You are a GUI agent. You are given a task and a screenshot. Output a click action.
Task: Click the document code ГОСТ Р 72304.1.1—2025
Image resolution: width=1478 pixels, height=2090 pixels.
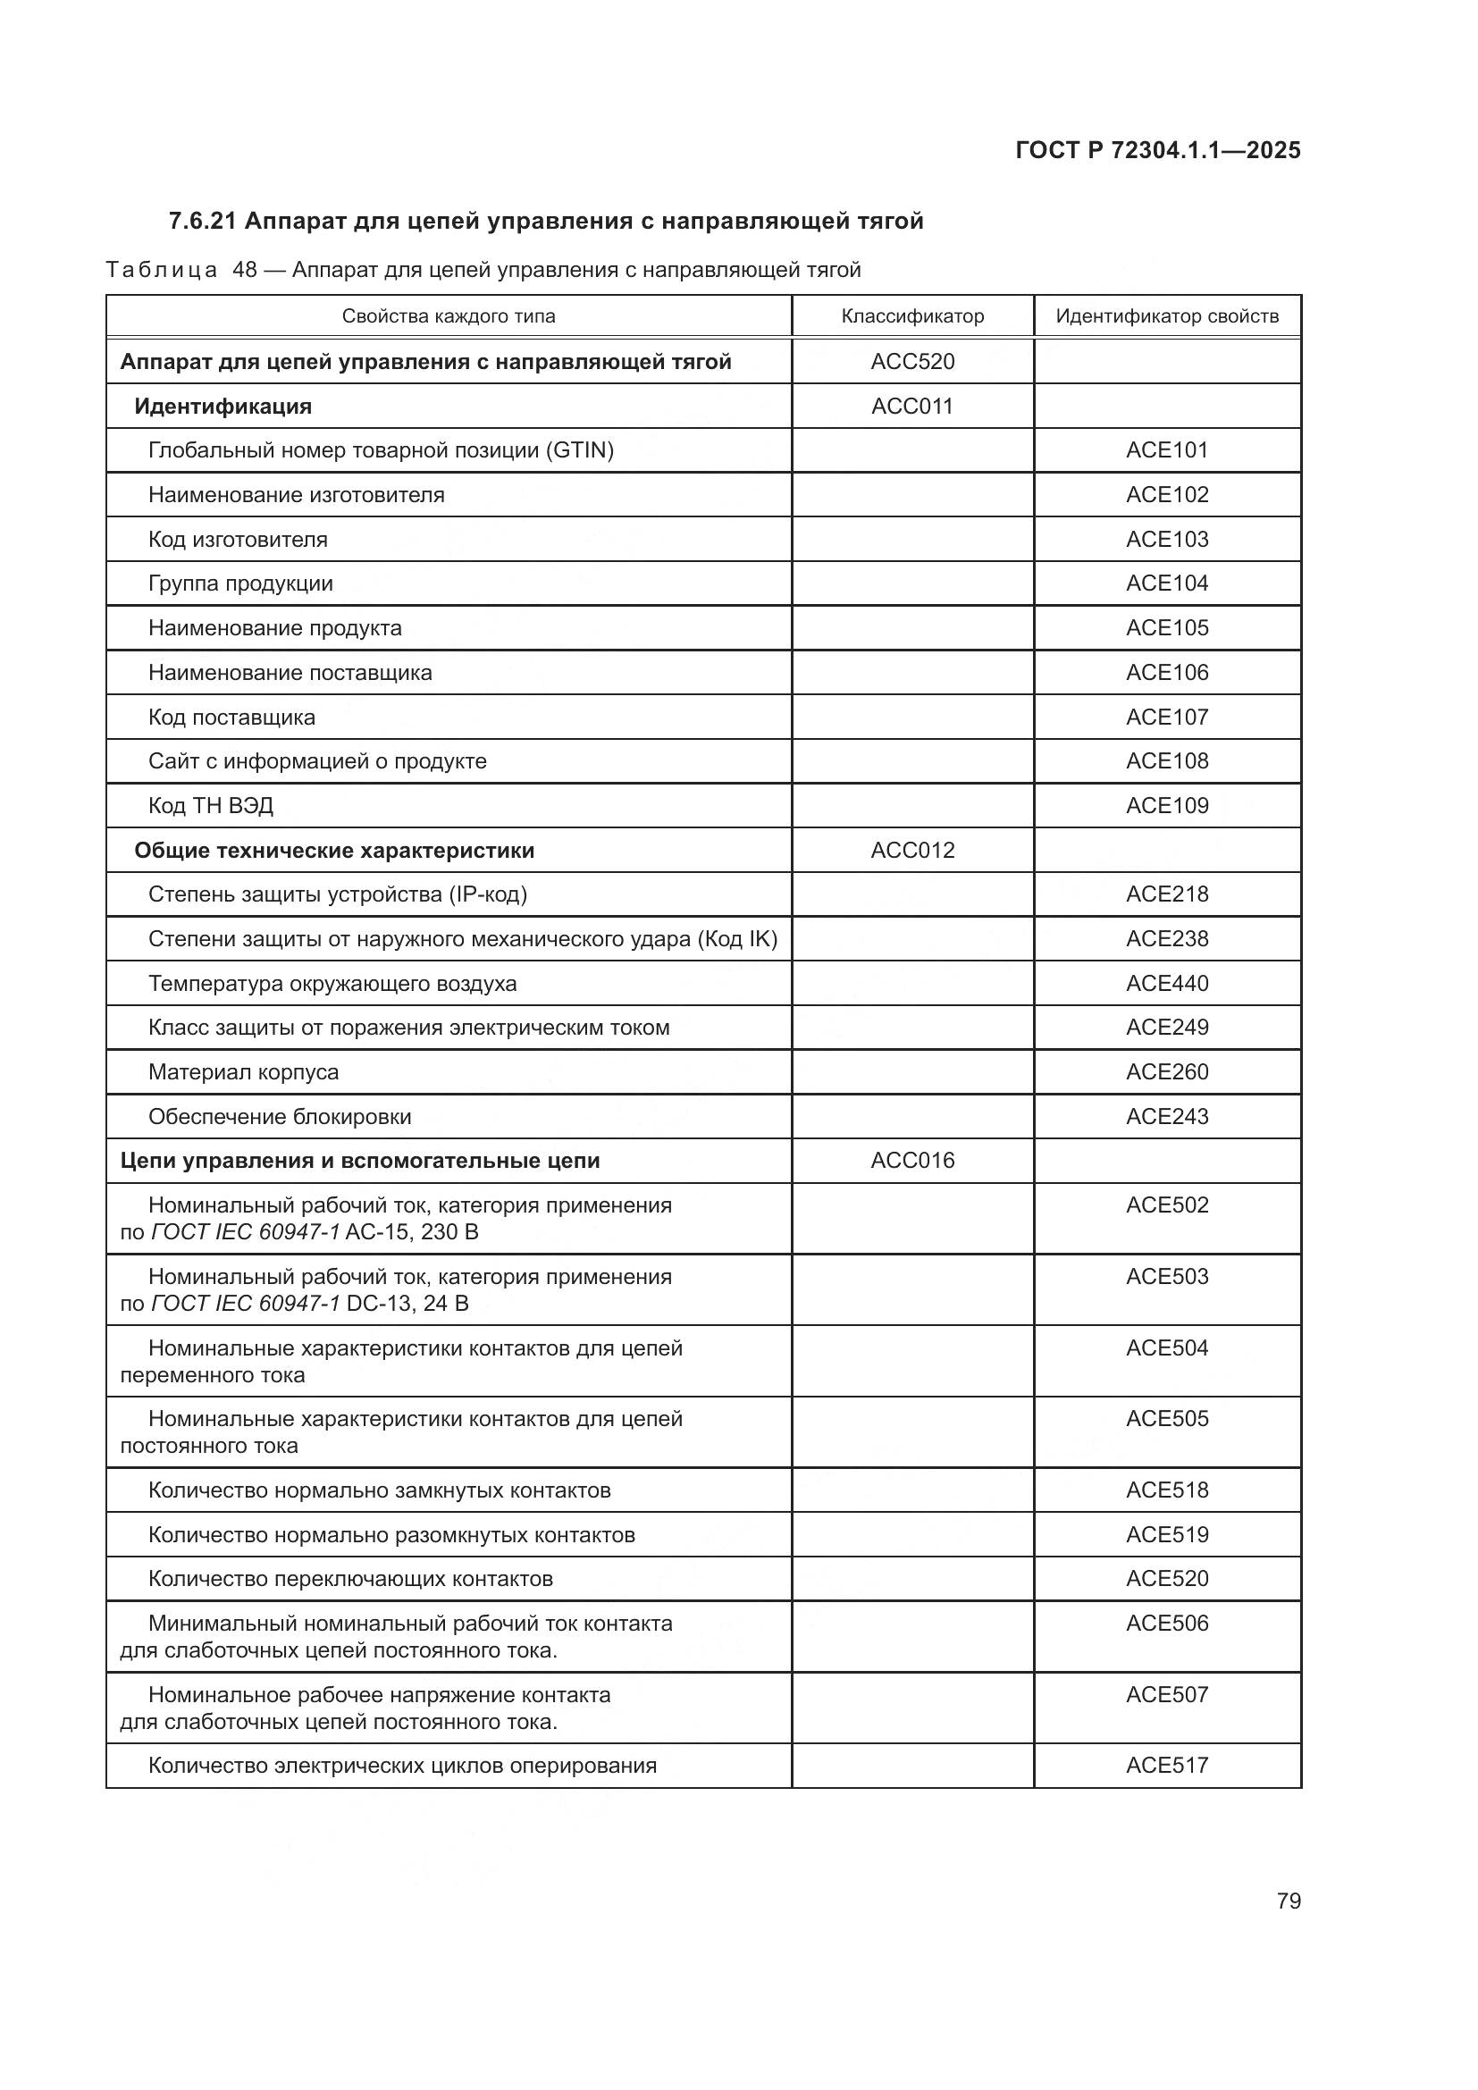coord(1157,150)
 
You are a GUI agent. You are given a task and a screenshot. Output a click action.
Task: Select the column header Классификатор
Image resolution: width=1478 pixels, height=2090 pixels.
coord(912,315)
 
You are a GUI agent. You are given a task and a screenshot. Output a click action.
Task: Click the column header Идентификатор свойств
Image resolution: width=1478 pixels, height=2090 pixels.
coord(1167,315)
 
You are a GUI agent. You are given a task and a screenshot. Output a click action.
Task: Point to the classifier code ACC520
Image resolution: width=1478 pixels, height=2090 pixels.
coord(912,361)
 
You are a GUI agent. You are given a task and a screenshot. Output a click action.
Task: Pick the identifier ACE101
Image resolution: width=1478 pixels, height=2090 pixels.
coord(1167,449)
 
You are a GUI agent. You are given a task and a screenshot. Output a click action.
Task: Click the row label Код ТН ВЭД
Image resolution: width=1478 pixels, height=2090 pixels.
coord(210,806)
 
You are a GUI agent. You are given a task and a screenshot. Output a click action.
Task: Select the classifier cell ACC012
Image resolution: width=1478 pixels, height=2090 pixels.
coord(912,850)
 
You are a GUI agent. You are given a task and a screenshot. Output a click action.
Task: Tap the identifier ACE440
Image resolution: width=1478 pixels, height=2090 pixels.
coord(1167,983)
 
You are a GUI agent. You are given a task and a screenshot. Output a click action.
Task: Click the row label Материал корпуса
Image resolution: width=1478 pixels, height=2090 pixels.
coord(243,1072)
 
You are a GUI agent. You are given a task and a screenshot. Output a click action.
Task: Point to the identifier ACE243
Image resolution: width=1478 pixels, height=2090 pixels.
coord(1167,1116)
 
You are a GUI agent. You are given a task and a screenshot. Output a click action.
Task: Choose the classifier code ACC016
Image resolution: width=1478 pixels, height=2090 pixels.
coord(912,1161)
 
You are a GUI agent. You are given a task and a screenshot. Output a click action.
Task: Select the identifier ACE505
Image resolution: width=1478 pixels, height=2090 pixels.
coord(1167,1418)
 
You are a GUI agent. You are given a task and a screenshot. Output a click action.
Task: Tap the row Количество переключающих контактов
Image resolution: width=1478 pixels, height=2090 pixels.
coord(350,1578)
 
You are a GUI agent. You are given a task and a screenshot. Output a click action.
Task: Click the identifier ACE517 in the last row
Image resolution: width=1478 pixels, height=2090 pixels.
coord(1167,1765)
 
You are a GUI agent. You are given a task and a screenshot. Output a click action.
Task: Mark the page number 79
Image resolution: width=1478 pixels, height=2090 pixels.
coord(1288,1901)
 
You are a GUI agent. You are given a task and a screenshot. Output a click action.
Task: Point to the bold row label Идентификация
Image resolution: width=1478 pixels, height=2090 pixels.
coord(223,406)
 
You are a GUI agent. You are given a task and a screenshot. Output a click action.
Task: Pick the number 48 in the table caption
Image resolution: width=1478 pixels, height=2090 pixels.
coord(245,271)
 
